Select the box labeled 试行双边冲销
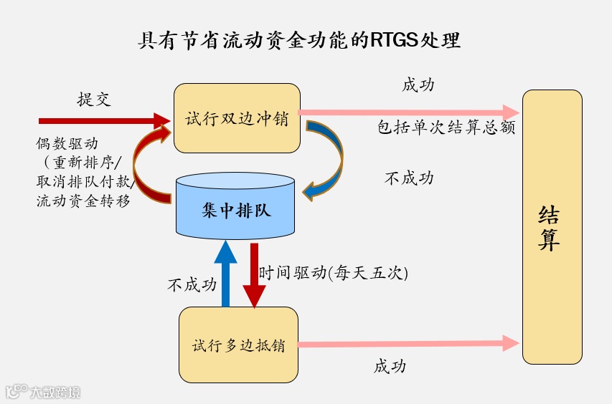[x=237, y=118]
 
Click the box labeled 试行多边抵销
[x=238, y=345]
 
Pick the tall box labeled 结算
[x=552, y=227]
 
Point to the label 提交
[x=94, y=99]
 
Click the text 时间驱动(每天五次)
[x=333, y=273]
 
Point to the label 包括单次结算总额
[x=446, y=129]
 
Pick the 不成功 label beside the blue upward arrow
[x=192, y=284]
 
